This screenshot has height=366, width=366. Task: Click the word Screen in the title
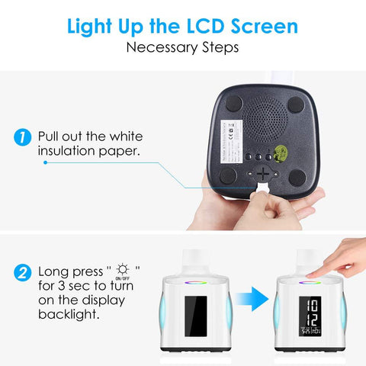coord(262,27)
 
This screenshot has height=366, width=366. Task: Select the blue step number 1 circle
coord(24,138)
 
